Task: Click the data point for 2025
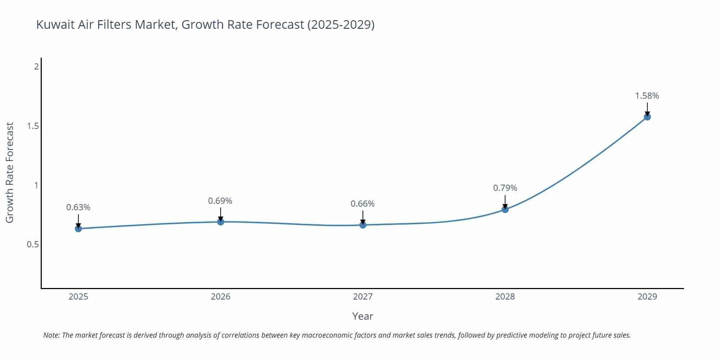pos(78,229)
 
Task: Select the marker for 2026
pos(221,222)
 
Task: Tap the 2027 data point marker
pos(363,225)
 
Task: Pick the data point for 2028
pos(505,210)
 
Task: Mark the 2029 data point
pos(647,117)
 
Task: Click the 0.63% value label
pos(78,207)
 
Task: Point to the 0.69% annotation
pos(220,201)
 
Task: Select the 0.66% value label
pos(363,204)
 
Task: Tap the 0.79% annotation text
pos(505,188)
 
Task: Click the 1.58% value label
pos(647,96)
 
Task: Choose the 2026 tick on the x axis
pos(221,297)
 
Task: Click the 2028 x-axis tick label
pos(505,297)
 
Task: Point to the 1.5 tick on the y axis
pos(33,126)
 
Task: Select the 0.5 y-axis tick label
pos(33,244)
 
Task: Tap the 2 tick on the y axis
pos(36,67)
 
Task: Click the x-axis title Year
pos(363,316)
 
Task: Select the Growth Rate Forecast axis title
pos(10,172)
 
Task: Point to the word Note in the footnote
pos(51,335)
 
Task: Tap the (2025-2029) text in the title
pos(341,25)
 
